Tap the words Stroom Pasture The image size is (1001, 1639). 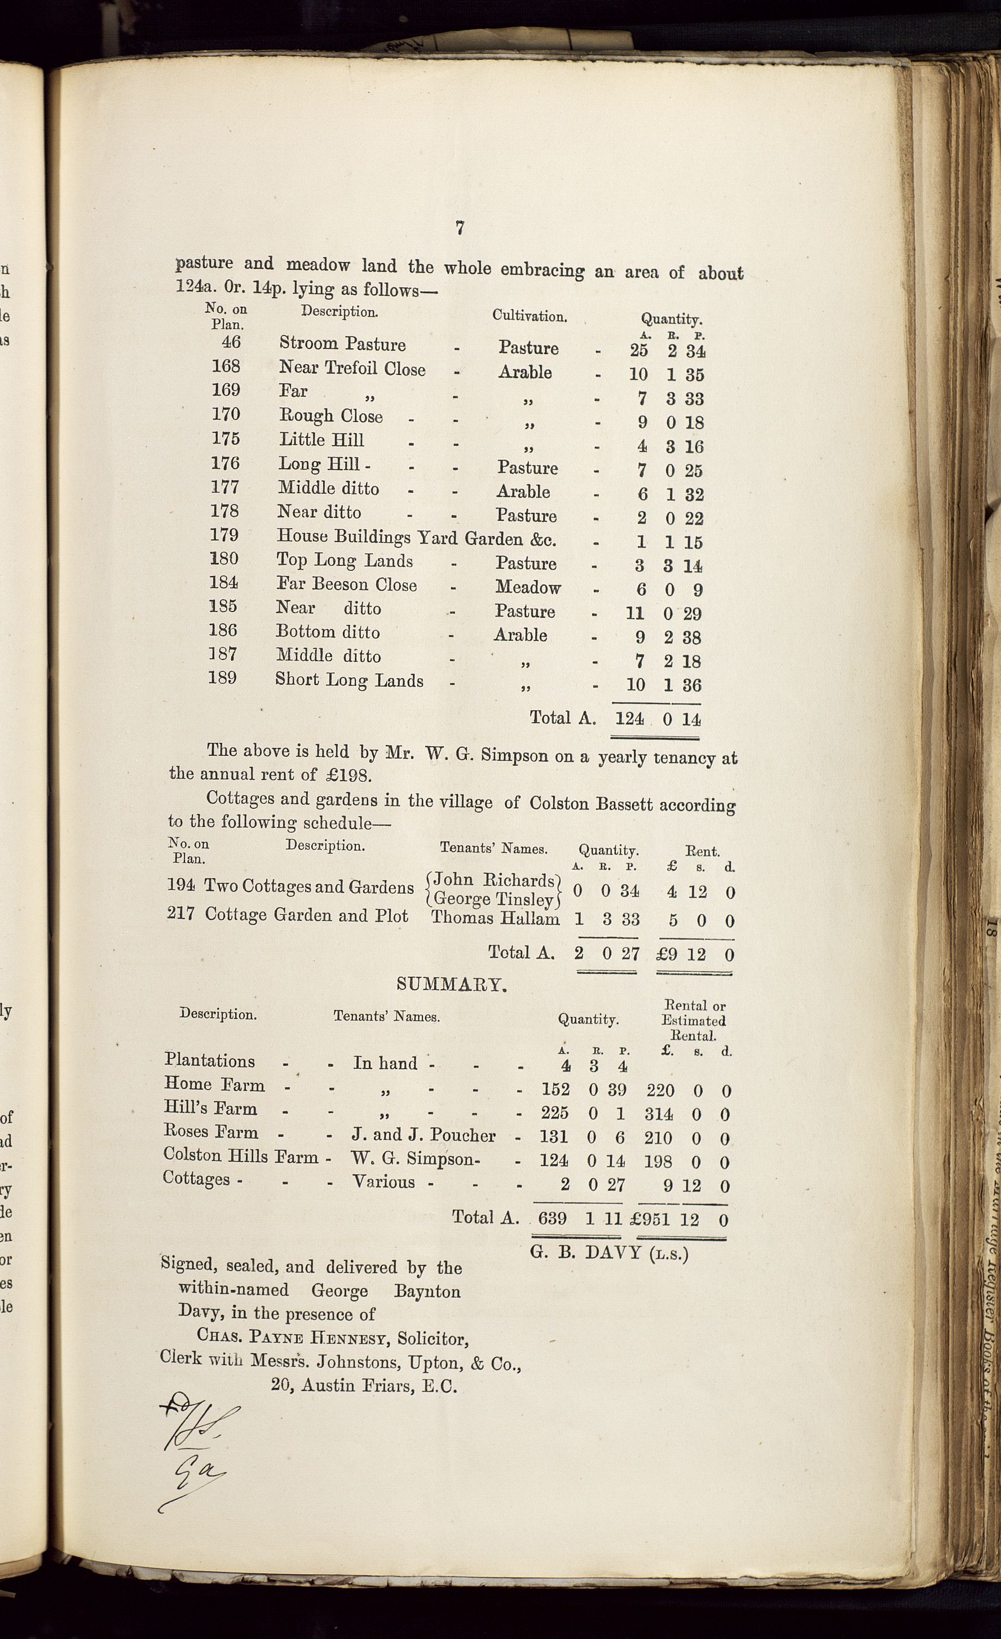click(x=342, y=344)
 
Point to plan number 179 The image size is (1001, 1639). click(x=224, y=535)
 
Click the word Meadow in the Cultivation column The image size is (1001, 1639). click(x=528, y=587)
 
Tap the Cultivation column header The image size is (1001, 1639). click(x=529, y=316)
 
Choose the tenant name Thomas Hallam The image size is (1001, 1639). click(x=495, y=919)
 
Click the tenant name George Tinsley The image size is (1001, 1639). click(x=493, y=900)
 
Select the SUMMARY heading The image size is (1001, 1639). click(x=452, y=985)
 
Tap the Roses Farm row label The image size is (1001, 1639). click(x=210, y=1132)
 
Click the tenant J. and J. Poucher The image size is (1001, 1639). click(x=424, y=1136)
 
